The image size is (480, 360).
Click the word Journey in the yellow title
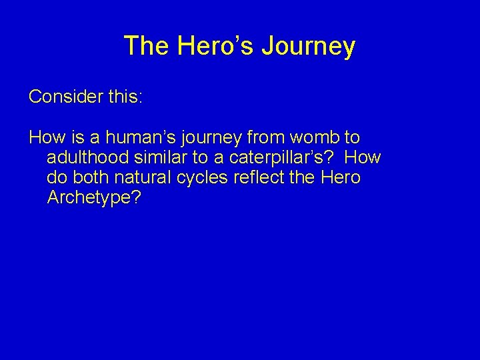pyautogui.click(x=309, y=47)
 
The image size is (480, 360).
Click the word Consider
pyautogui.click(x=65, y=97)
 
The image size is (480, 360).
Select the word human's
pyautogui.click(x=139, y=138)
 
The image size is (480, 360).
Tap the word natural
pyautogui.click(x=135, y=178)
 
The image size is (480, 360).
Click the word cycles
pyautogui.click(x=189, y=178)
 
